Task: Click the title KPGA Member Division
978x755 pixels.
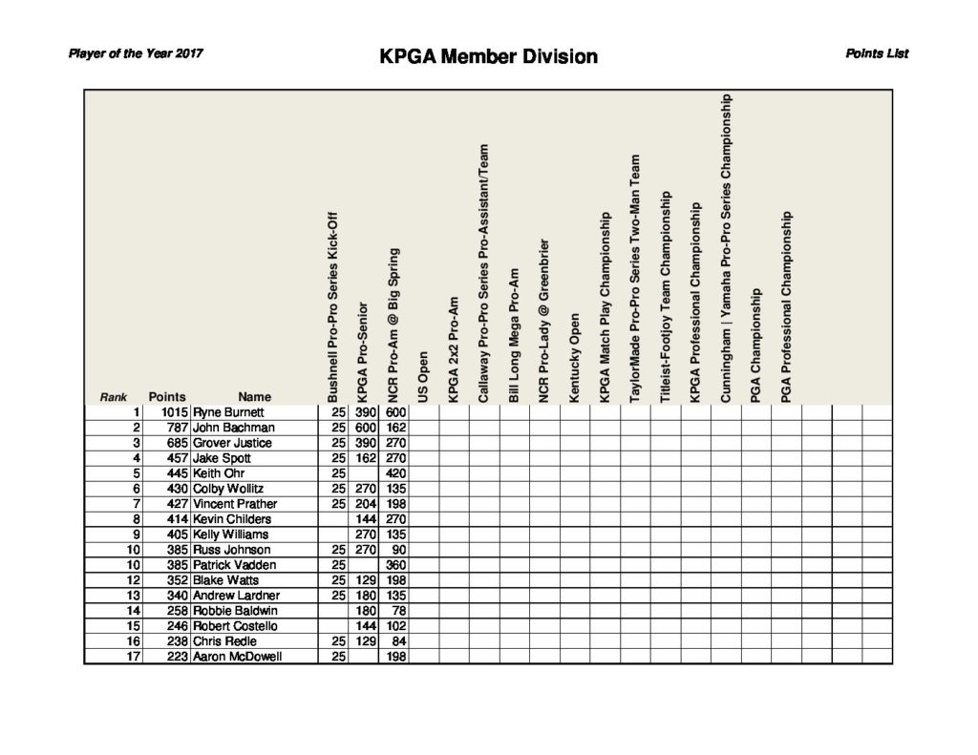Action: click(x=488, y=56)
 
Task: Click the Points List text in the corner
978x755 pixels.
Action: click(x=876, y=53)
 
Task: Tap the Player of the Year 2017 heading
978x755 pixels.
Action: click(x=135, y=53)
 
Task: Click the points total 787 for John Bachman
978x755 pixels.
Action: click(x=174, y=428)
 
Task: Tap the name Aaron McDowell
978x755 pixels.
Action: click(x=237, y=657)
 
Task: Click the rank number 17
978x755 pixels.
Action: click(x=135, y=657)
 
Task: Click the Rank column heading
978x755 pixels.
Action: click(x=114, y=397)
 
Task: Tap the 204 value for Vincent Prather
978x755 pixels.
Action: click(x=366, y=504)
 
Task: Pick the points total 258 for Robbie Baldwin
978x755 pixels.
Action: click(x=174, y=611)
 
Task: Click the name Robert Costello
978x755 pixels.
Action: click(x=235, y=626)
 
